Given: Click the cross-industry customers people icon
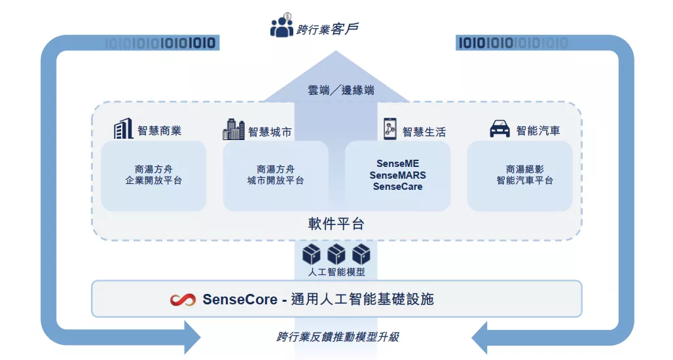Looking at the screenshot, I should tap(282, 26).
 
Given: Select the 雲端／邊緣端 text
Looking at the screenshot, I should tap(341, 90).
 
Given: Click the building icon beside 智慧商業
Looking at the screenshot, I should tap(124, 129).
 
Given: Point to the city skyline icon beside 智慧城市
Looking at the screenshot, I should tap(234, 130).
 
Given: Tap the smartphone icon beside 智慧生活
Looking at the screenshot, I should tap(390, 129).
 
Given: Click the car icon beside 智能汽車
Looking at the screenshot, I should tap(500, 129).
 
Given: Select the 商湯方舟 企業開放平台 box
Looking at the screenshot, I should tap(154, 175).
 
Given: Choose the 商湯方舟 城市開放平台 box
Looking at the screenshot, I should tap(276, 175).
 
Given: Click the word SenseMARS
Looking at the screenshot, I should tap(397, 175).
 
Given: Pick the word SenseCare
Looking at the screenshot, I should tap(397, 187).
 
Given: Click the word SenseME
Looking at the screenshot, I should tap(397, 163).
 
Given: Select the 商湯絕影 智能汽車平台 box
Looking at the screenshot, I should tap(520, 175).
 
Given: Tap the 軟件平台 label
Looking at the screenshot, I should tap(336, 224).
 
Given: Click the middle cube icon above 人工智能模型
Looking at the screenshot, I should tap(336, 254).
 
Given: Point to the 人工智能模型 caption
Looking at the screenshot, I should tap(336, 272).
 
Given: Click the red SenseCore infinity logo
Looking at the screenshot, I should tap(183, 300).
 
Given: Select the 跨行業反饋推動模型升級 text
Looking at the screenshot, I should tap(337, 337).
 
